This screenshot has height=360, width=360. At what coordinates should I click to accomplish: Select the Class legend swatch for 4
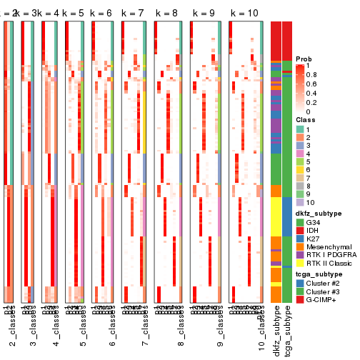(301, 154)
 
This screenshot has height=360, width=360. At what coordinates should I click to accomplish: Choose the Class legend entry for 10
(301, 201)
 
